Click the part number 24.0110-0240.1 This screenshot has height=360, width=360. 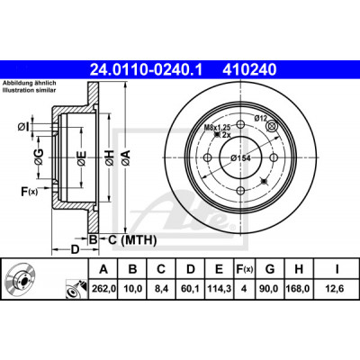(147, 69)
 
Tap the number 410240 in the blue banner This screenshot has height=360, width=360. (249, 69)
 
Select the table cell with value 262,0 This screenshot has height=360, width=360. (103, 289)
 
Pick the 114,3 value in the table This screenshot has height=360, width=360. (219, 289)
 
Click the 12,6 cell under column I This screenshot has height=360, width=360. (336, 289)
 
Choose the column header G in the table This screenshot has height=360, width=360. (270, 269)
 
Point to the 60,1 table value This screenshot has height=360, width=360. (190, 289)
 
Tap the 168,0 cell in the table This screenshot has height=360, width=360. (299, 289)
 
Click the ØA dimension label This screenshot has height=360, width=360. (126, 157)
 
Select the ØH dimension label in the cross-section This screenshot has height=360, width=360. (110, 157)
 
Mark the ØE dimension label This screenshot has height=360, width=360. (82, 157)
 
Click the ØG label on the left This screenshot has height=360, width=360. (39, 157)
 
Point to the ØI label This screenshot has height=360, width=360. (22, 128)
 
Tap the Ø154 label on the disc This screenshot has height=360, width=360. (240, 157)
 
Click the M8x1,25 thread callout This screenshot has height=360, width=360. (215, 128)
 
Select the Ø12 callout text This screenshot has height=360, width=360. (260, 118)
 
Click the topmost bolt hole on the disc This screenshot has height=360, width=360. (241, 124)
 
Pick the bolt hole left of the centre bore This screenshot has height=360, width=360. (207, 157)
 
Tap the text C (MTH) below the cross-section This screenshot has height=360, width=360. (132, 240)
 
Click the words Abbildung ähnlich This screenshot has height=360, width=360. (30, 83)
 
